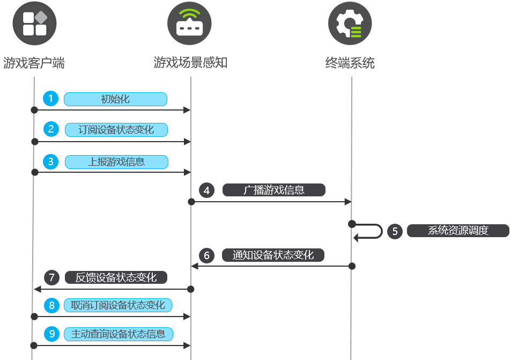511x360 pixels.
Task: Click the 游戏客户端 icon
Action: click(x=34, y=24)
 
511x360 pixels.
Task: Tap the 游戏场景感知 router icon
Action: click(x=189, y=24)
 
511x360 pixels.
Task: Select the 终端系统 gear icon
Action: click(x=350, y=24)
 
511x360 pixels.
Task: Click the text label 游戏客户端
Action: click(x=34, y=63)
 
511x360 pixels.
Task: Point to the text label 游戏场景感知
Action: click(x=190, y=63)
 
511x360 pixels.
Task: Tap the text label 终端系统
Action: click(x=350, y=63)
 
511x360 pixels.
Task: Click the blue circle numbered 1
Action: click(x=51, y=99)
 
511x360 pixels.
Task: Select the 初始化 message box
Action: click(x=115, y=99)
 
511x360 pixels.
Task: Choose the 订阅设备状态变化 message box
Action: click(x=116, y=130)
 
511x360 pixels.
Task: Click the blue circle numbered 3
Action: click(x=51, y=161)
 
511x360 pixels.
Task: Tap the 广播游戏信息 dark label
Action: click(x=273, y=190)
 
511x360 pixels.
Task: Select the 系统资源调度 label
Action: click(x=458, y=231)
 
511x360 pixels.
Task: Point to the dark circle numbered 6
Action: click(x=206, y=255)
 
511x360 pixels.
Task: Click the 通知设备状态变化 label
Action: click(x=273, y=255)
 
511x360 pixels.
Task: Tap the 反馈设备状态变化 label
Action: click(x=116, y=277)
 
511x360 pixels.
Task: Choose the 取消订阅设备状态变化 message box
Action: click(x=118, y=305)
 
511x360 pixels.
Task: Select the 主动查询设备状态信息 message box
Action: click(x=119, y=334)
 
